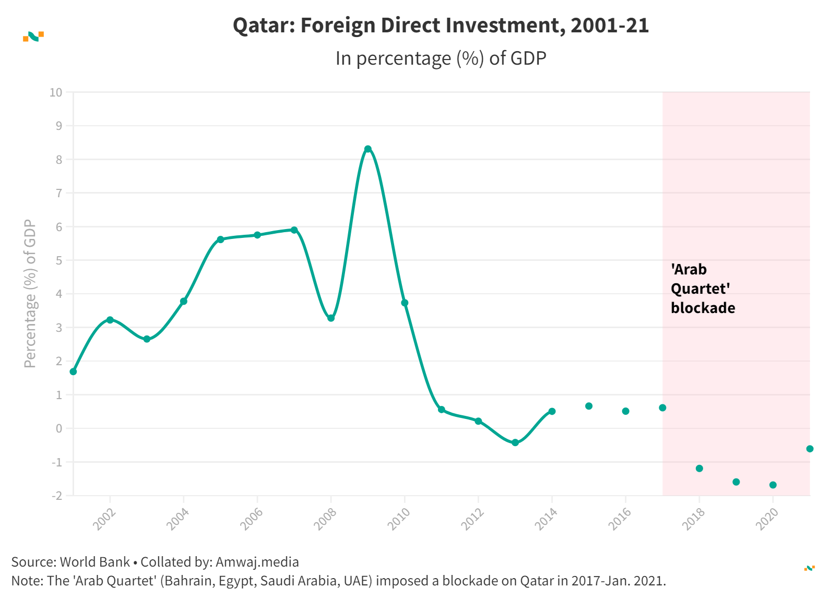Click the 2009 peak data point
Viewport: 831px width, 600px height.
click(x=368, y=149)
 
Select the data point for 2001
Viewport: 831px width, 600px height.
click(x=73, y=371)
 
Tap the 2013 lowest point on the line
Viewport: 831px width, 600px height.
click(x=515, y=442)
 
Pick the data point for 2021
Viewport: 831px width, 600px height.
click(x=810, y=449)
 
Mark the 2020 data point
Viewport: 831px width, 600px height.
click(x=773, y=485)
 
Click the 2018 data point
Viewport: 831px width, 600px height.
click(x=699, y=468)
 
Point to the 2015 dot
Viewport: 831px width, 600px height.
click(x=589, y=406)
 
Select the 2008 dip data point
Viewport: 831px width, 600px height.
click(x=331, y=318)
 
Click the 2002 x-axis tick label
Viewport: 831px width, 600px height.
click(x=104, y=519)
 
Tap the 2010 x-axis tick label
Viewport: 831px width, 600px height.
click(x=399, y=519)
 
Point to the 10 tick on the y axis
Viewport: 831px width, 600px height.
click(x=56, y=92)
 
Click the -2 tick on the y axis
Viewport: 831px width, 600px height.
click(x=56, y=496)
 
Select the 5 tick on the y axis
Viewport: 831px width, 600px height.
click(x=59, y=260)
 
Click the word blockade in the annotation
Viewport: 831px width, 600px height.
click(x=703, y=308)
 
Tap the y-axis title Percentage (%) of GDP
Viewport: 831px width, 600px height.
click(x=30, y=294)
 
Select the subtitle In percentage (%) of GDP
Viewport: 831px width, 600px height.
click(x=441, y=58)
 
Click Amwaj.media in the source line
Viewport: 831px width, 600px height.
click(x=257, y=562)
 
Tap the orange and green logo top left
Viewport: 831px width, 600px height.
click(x=33, y=36)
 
